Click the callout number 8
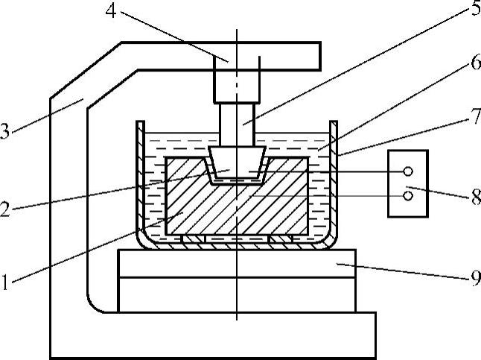coord(468,200)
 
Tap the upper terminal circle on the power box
coord(408,171)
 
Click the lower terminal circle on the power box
coord(408,196)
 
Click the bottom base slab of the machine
coord(223,335)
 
